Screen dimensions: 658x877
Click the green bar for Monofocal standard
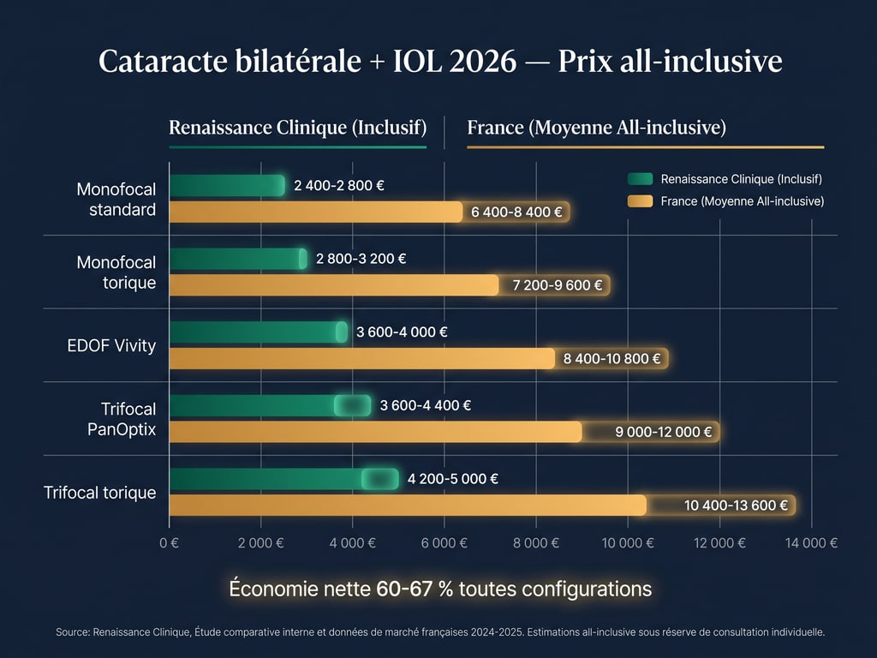(227, 185)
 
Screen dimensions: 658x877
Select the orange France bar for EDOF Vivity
(361, 358)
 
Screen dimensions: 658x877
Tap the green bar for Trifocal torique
(283, 479)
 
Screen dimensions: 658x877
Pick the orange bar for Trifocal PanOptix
(375, 432)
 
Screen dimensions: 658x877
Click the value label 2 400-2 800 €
(333, 185)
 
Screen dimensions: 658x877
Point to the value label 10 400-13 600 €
(736, 505)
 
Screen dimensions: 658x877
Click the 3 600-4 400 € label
(425, 406)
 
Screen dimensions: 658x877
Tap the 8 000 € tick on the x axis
(536, 542)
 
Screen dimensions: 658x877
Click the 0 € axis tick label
(170, 542)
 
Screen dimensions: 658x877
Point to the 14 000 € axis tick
(810, 542)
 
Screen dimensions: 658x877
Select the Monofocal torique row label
(116, 272)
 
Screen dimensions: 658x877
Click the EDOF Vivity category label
(111, 346)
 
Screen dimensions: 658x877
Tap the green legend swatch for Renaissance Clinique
(640, 179)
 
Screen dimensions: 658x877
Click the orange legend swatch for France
(640, 201)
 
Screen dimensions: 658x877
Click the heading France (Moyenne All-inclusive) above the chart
(596, 129)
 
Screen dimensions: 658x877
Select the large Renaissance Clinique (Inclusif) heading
(297, 129)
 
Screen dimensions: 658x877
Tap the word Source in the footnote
(73, 632)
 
